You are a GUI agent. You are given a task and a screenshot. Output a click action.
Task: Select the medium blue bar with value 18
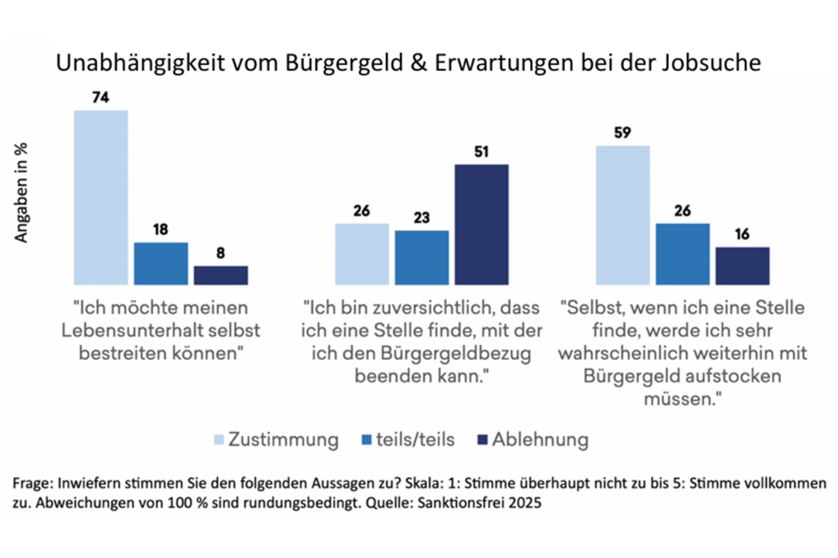(161, 263)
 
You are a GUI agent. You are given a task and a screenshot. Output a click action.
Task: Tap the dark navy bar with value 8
(221, 275)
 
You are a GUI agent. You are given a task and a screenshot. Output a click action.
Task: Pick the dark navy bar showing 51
(481, 224)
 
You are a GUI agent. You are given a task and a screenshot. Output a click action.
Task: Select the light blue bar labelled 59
(623, 214)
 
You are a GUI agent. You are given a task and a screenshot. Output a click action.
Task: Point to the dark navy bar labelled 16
(742, 265)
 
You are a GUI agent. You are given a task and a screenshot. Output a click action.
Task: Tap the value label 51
(481, 152)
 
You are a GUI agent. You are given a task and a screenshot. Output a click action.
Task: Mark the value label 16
(742, 235)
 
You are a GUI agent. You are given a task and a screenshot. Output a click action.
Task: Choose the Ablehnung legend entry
(540, 440)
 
